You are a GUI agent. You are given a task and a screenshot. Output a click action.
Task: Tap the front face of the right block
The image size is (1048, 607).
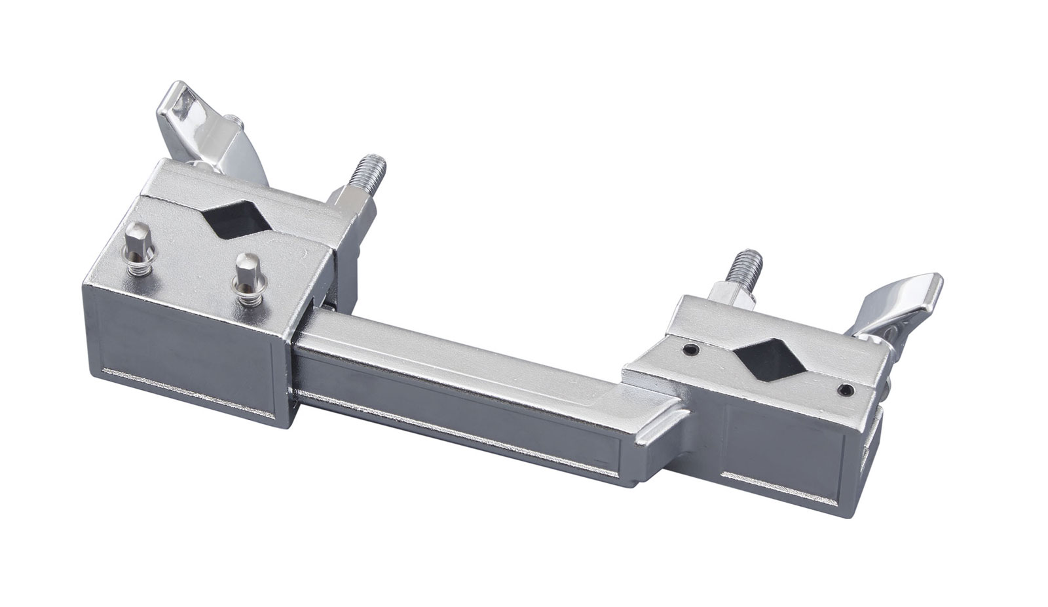click(783, 446)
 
